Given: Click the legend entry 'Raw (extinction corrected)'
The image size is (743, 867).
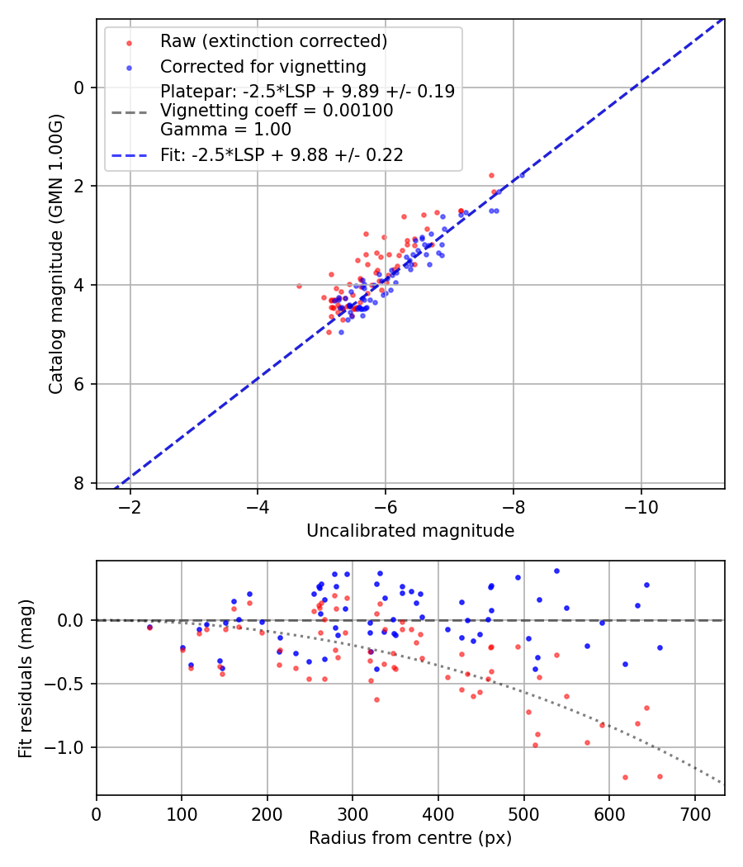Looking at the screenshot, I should click(273, 41).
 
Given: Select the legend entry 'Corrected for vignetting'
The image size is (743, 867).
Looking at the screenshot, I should click(263, 66).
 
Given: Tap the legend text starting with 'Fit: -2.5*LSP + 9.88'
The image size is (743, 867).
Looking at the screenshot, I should click(282, 154).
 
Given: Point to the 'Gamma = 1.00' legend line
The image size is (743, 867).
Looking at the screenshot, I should click(225, 129).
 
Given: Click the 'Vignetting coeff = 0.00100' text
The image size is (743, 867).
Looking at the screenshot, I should click(277, 111).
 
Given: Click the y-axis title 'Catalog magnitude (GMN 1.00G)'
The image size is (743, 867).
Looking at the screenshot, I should click(55, 254).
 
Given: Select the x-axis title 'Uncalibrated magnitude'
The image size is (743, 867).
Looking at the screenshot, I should click(410, 531).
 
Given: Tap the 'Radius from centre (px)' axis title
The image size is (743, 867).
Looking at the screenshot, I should click(410, 838).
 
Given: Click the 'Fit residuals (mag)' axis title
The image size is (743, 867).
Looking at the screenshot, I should click(26, 678).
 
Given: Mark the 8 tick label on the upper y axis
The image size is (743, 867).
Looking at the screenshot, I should click(80, 483).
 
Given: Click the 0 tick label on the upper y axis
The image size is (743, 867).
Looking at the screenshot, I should click(80, 88).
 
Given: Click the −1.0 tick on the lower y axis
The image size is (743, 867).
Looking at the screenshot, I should click(67, 747).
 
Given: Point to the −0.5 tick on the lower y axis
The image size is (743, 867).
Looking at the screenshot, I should click(67, 684).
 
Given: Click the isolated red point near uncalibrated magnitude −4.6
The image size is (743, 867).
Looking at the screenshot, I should click(299, 286).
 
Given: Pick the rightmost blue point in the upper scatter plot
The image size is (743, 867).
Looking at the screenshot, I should click(521, 175).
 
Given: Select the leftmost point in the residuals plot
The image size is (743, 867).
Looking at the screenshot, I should click(149, 628).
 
